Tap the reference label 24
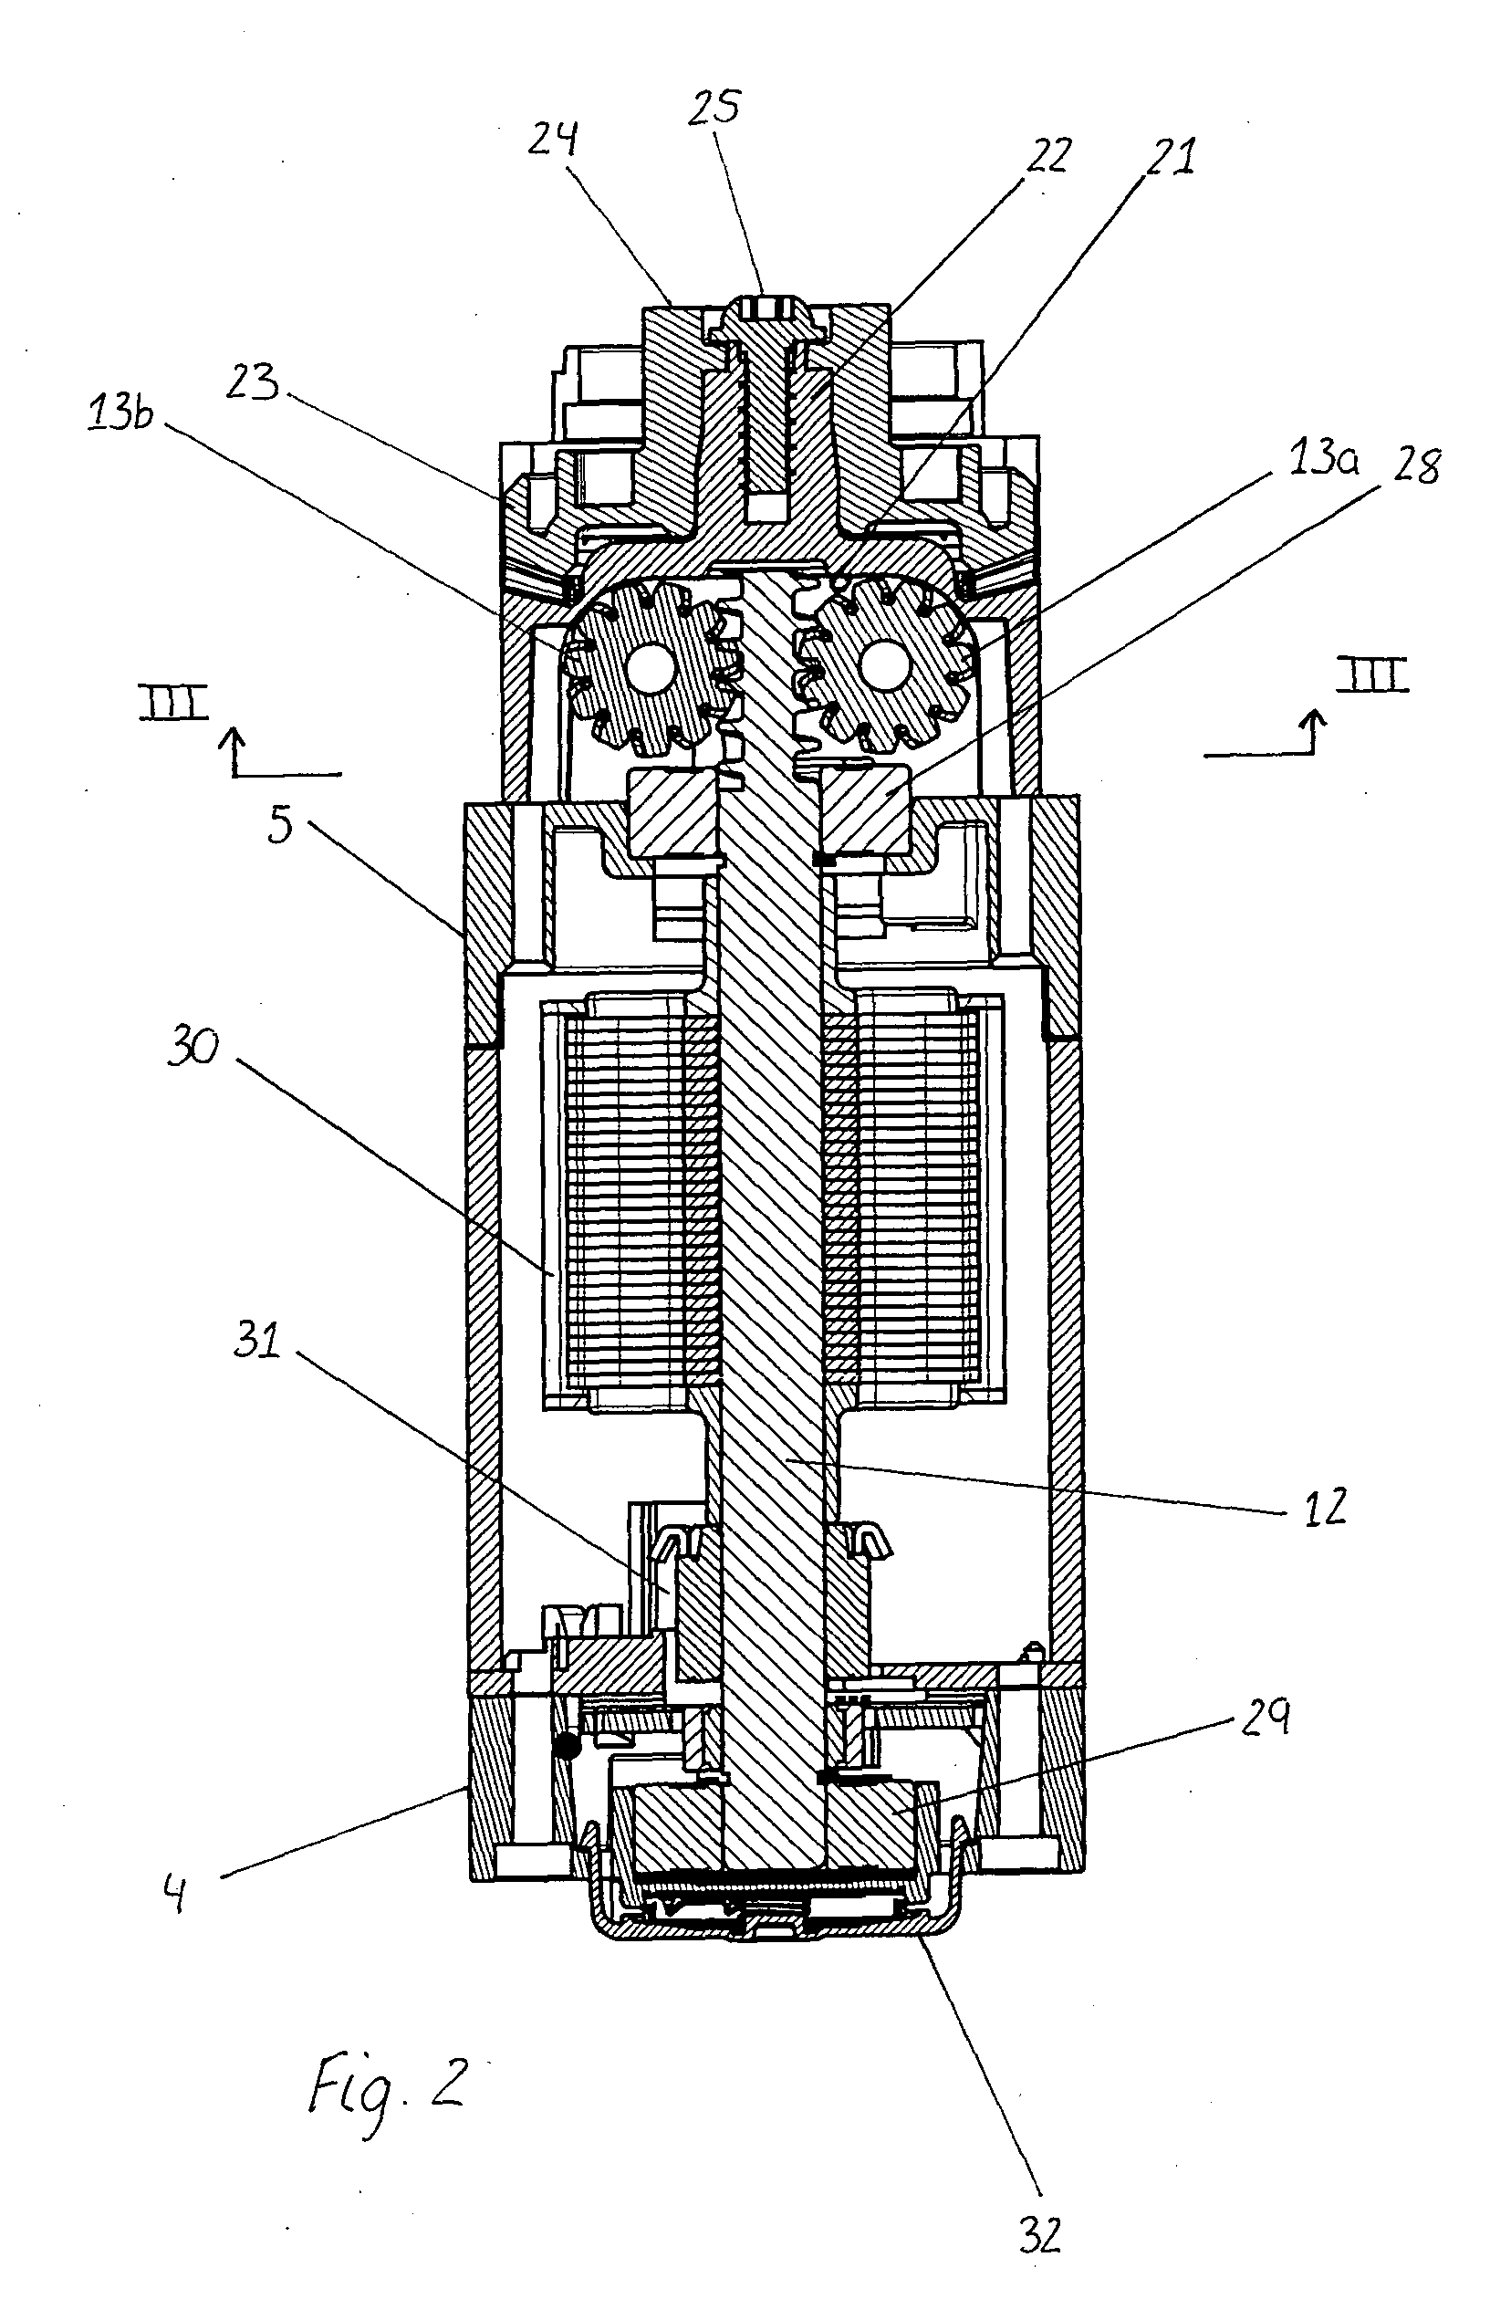click(555, 140)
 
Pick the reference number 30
click(194, 1048)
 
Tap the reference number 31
click(257, 1342)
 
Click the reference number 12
click(1326, 1505)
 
